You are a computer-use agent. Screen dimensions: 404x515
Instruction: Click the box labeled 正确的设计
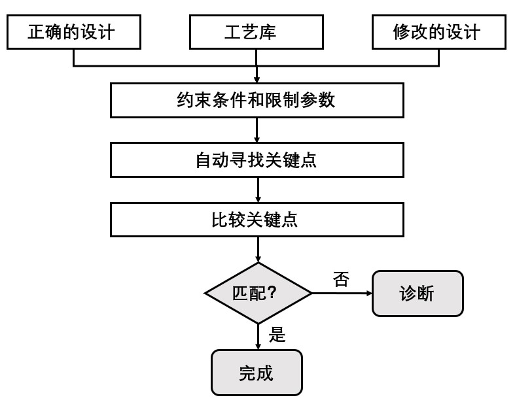(74, 32)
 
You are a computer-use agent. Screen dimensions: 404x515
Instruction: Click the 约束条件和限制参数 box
(256, 100)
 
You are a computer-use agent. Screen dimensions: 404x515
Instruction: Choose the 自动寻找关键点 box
(256, 160)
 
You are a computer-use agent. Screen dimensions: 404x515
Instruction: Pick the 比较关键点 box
(256, 219)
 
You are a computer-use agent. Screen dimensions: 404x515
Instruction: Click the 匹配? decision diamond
(258, 293)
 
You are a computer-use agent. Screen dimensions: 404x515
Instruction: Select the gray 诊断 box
(417, 294)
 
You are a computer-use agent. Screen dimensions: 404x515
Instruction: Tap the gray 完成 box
(257, 373)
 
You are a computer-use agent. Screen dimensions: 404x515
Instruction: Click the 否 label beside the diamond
(341, 280)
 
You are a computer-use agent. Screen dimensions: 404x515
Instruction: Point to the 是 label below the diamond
(277, 335)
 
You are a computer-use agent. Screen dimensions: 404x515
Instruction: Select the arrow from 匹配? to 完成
(258, 336)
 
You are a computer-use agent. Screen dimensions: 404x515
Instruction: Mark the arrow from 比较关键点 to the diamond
(258, 250)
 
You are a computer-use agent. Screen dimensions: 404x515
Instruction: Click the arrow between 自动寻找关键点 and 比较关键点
(258, 190)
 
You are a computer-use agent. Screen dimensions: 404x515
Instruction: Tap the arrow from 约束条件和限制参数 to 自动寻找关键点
(257, 130)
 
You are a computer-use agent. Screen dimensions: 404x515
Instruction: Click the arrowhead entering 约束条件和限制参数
(257, 78)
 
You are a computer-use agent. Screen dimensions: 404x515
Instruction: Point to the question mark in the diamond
(272, 294)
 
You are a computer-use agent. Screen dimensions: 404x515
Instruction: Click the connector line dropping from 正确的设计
(74, 58)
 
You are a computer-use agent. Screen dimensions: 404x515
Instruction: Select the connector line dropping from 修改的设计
(438, 58)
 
